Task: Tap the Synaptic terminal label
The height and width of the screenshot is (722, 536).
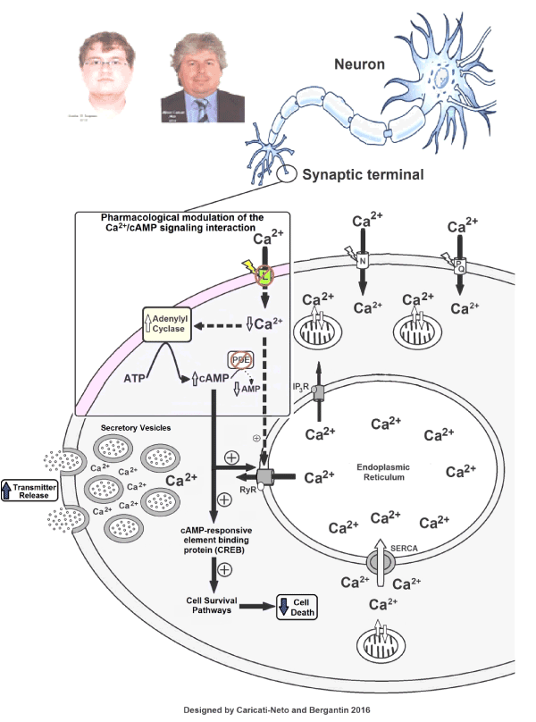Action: pyautogui.click(x=363, y=174)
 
